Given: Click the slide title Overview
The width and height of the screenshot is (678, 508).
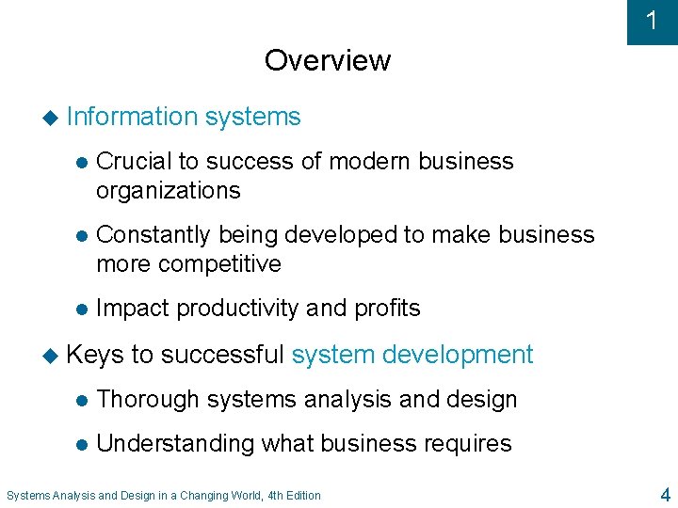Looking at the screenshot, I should pos(327,60).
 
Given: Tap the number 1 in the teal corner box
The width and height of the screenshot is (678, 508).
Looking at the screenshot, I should pos(652,22).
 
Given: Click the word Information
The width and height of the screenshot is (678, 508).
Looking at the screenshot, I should pos(131,117).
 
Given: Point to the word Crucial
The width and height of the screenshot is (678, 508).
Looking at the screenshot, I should pos(133,161).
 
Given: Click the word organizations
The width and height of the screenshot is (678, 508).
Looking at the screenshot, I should pos(168,190).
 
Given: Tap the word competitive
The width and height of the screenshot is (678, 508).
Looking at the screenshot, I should pos(221,263).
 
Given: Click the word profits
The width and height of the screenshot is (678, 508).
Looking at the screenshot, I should pos(387,308).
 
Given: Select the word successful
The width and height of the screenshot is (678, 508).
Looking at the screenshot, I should pos(222,355).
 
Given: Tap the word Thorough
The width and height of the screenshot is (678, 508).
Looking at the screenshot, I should pos(148,399).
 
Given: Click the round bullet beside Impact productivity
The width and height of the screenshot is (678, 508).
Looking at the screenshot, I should pos(80,309).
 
